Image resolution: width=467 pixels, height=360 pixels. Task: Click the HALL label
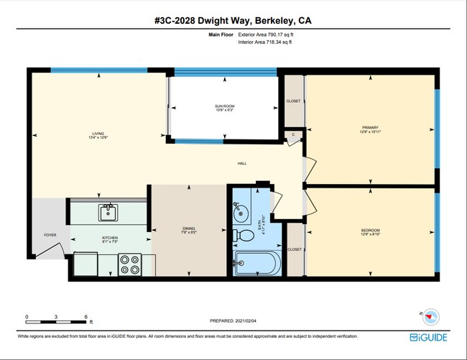point(243,164)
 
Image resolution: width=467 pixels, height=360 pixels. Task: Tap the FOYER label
point(50,235)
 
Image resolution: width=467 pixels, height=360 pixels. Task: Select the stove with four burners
point(130,265)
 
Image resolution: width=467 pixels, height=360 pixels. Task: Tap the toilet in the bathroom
point(244,235)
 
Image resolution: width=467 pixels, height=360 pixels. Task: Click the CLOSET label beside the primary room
point(294,101)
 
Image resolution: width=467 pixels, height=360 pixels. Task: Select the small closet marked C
point(293,135)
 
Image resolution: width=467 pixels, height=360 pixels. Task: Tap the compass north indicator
point(431,315)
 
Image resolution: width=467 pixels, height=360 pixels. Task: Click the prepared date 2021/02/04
point(233,321)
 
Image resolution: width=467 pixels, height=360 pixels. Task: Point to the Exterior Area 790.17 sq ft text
point(267,34)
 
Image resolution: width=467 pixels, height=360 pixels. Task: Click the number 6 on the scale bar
point(86,316)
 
